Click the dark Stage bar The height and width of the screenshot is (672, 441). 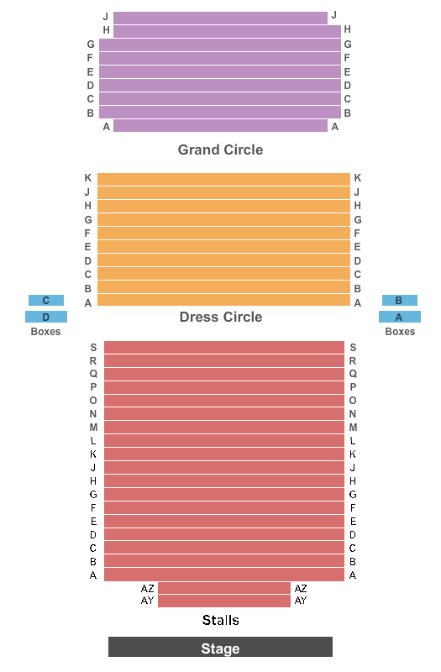pos(220,647)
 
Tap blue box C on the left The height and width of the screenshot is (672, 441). pos(46,301)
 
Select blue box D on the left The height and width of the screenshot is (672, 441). pos(46,317)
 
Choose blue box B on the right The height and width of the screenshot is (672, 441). pos(400,301)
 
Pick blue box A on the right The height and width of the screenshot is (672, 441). pos(400,317)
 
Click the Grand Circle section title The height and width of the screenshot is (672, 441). pos(220,150)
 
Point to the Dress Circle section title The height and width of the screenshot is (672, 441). pos(221,317)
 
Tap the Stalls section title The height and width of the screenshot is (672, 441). pos(221,620)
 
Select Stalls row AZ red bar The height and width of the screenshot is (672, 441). pos(224,588)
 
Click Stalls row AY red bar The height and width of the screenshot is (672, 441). pos(224,601)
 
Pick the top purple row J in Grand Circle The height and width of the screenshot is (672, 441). pos(220,18)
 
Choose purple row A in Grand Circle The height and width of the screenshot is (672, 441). pos(220,126)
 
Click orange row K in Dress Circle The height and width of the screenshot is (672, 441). pos(223,179)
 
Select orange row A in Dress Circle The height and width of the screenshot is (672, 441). pos(223,300)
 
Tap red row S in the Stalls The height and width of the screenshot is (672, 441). pos(224,348)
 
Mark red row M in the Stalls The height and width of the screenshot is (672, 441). pos(224,428)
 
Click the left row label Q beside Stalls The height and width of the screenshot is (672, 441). pos(93,374)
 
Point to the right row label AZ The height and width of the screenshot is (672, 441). pos(301,589)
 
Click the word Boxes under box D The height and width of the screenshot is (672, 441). pos(46,332)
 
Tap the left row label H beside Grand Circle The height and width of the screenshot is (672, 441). pos(107,30)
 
